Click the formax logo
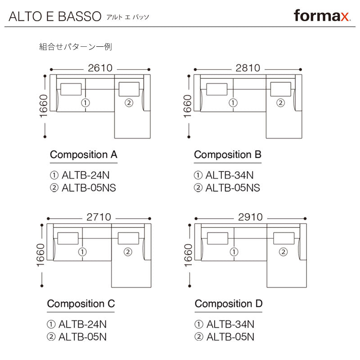[322, 16]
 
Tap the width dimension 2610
[100, 68]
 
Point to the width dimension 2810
[247, 68]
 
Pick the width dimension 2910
[250, 217]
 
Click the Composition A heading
[84, 155]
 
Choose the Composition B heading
[228, 155]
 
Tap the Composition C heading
[81, 304]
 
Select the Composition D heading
[229, 304]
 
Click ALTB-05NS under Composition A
[89, 188]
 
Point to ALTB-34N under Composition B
[229, 175]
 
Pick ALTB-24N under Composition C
[83, 324]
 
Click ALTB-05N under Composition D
[230, 336]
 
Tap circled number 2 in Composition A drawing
[129, 103]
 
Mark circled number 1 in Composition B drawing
[233, 103]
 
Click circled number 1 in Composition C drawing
[82, 252]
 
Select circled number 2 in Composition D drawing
[283, 252]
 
